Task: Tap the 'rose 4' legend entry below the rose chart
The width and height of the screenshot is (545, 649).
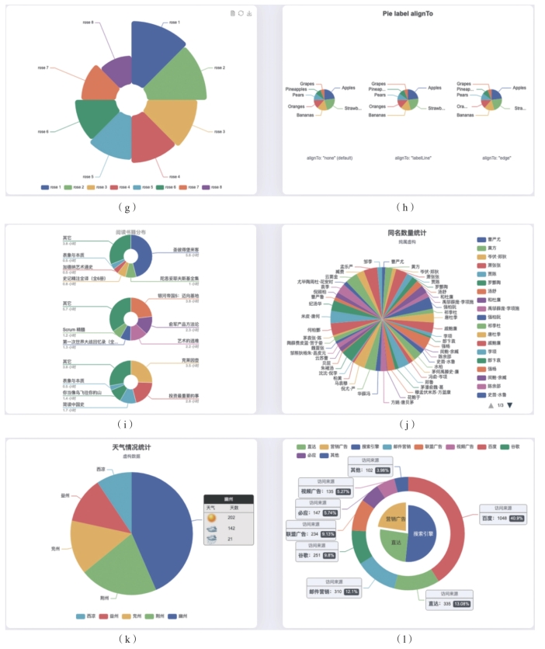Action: [x=120, y=187]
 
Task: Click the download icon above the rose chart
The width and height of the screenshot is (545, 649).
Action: [x=249, y=13]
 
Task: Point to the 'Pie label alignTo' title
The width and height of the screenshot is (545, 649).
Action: [x=408, y=13]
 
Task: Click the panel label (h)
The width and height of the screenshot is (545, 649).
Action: [x=407, y=206]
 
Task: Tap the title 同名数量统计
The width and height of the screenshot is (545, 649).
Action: [x=408, y=232]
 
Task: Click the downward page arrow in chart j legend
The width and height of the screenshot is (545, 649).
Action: [x=510, y=405]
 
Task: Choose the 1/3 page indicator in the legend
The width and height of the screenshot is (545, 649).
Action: [x=499, y=405]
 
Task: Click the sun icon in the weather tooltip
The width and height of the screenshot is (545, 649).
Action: [x=211, y=517]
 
